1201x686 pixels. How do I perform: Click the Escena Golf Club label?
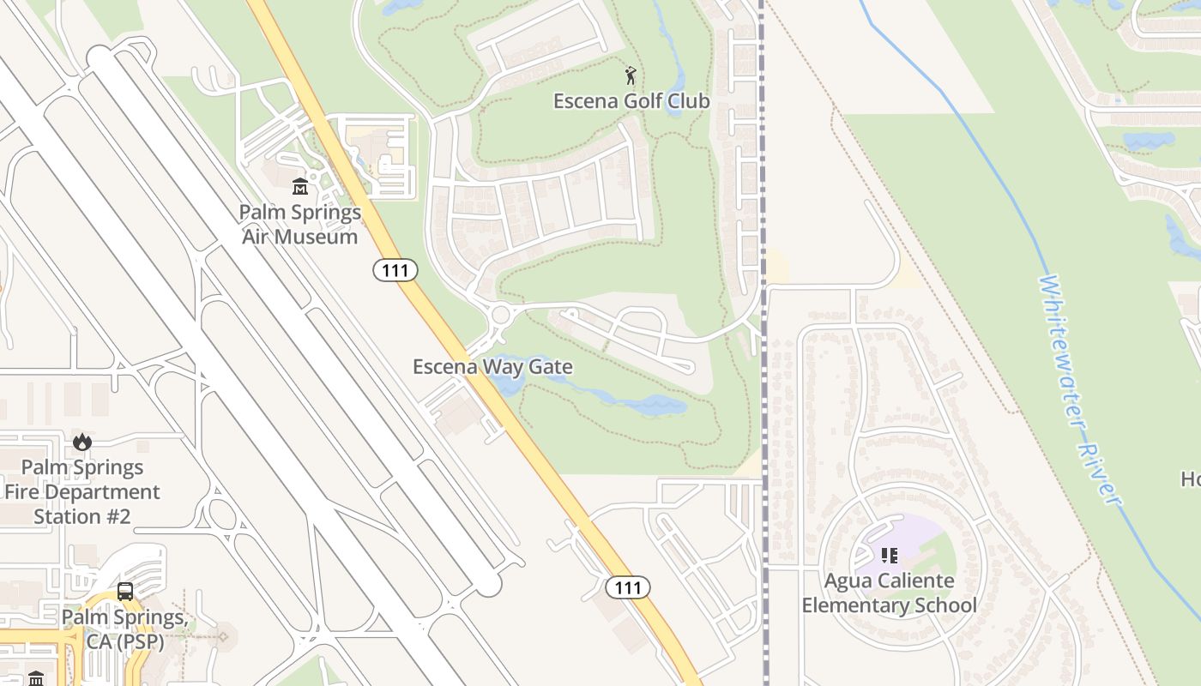[631, 101]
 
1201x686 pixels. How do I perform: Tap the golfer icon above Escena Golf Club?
[631, 75]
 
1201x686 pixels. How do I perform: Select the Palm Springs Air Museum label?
[299, 224]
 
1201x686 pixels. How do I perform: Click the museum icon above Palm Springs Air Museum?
[300, 186]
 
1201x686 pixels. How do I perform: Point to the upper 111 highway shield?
[395, 271]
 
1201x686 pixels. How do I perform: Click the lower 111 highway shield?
[628, 587]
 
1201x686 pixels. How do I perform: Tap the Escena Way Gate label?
[492, 368]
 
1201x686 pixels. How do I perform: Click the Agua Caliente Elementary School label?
[889, 593]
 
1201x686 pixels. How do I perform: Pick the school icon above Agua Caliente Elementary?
[890, 556]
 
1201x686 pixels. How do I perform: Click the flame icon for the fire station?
[82, 442]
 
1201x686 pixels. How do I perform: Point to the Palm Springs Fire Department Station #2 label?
[82, 492]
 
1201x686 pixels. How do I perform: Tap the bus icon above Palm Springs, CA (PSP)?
[125, 592]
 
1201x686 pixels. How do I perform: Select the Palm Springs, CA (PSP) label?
[125, 629]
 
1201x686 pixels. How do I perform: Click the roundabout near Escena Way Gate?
[500, 315]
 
